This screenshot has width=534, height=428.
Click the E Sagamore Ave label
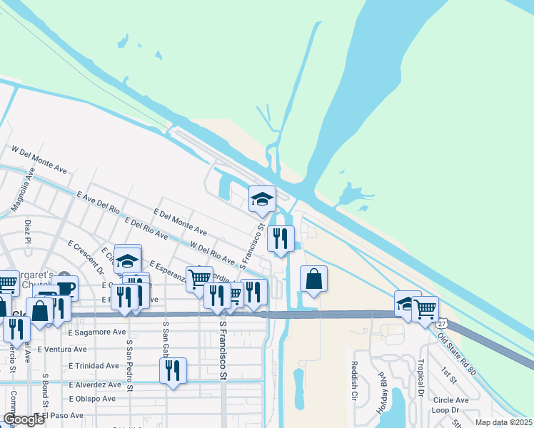pyautogui.click(x=97, y=332)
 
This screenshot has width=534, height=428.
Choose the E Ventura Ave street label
pyautogui.click(x=61, y=349)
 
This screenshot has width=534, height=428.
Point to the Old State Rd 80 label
pyautogui.click(x=458, y=350)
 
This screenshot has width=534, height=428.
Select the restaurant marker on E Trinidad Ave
pyautogui.click(x=173, y=370)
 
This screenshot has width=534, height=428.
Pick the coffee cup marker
pyautogui.click(x=65, y=287)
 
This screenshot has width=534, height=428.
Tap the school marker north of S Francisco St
pyautogui.click(x=262, y=199)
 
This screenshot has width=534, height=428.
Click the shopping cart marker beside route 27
pyautogui.click(x=425, y=308)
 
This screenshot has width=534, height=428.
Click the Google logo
pyautogui.click(x=23, y=419)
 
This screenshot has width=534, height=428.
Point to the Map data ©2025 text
pyautogui.click(x=503, y=422)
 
